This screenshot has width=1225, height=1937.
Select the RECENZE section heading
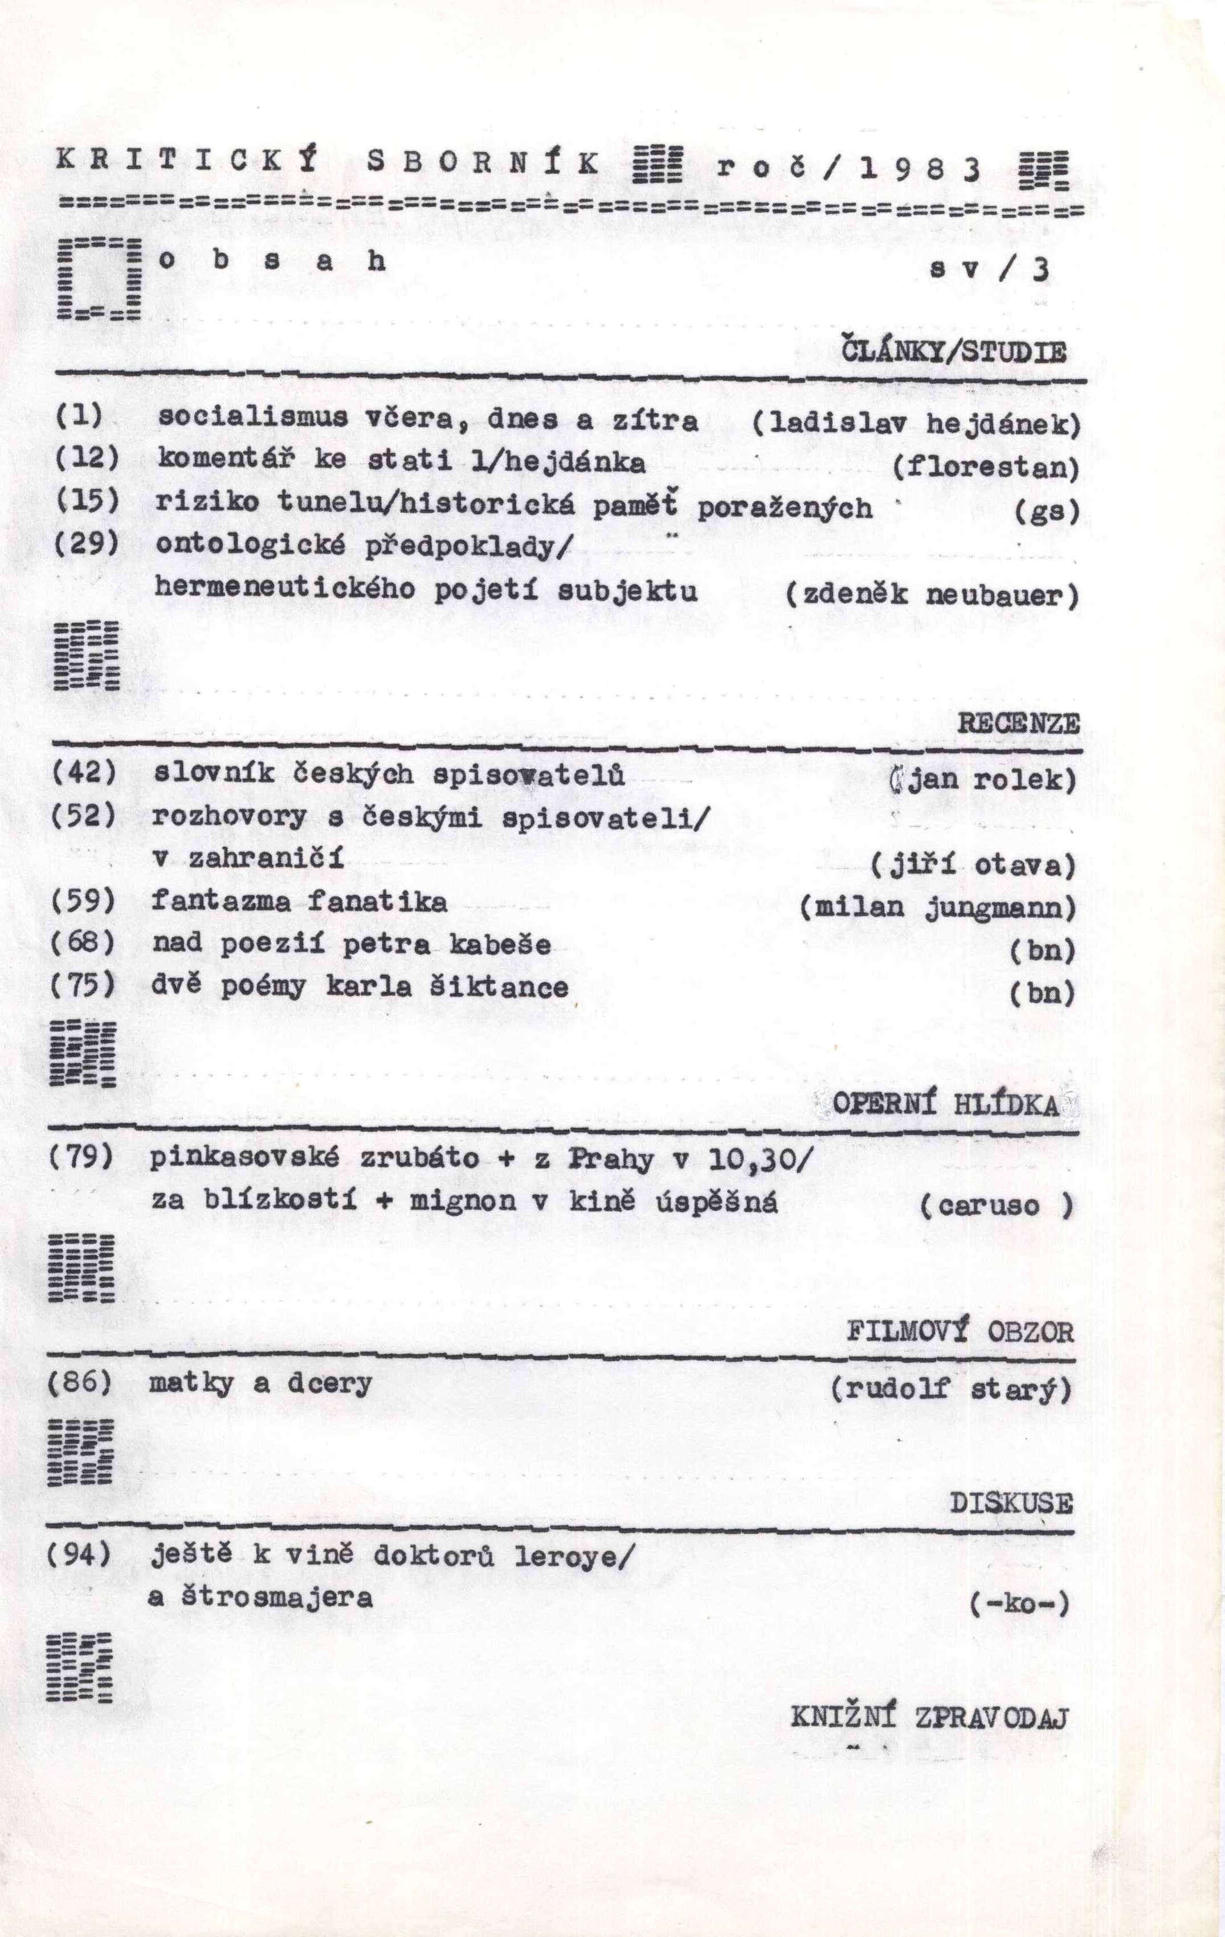(x=1018, y=723)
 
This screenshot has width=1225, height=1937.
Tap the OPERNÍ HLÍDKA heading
(x=945, y=1105)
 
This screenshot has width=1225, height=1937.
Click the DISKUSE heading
(x=1011, y=1503)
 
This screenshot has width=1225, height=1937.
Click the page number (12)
(x=86, y=459)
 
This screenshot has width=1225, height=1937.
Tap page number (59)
(x=84, y=901)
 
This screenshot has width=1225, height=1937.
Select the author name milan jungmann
(x=938, y=908)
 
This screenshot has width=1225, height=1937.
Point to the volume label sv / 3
(x=989, y=269)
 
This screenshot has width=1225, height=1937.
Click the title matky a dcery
(x=260, y=1384)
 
